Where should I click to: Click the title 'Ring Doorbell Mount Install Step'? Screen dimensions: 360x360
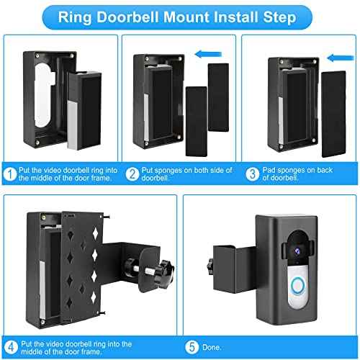[180, 15]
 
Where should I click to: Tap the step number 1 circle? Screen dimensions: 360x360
[9, 173]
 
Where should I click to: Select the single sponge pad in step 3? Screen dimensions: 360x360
[330, 104]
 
